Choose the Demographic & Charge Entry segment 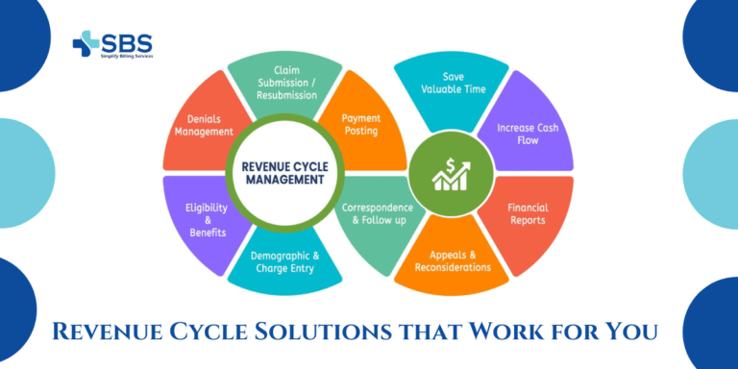click(x=284, y=262)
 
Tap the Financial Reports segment click(x=528, y=213)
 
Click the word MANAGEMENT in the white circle click(x=284, y=178)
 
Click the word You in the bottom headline click(x=635, y=332)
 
